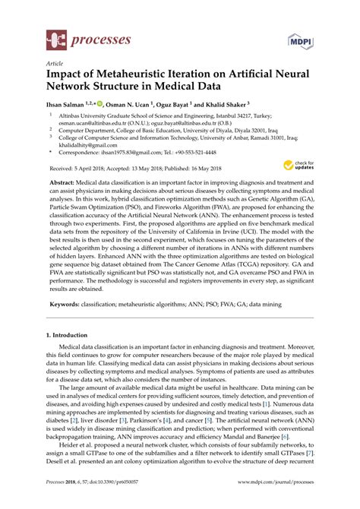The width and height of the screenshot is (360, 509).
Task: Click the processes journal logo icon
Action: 56,37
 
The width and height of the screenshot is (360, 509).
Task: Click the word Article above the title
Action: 55,65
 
